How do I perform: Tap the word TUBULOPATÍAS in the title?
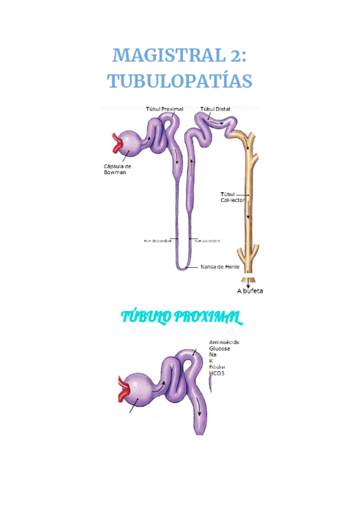click(x=180, y=81)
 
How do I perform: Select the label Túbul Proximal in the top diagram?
click(x=164, y=109)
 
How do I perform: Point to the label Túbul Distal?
click(x=215, y=109)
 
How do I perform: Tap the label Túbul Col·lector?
click(x=232, y=197)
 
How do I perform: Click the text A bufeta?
click(x=250, y=291)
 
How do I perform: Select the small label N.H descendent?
click(x=158, y=241)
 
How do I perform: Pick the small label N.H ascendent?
click(x=207, y=241)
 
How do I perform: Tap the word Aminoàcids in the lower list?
click(x=224, y=342)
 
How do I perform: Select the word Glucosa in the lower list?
click(x=220, y=348)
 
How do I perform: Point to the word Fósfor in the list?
click(x=217, y=367)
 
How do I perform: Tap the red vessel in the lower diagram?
click(x=124, y=389)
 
